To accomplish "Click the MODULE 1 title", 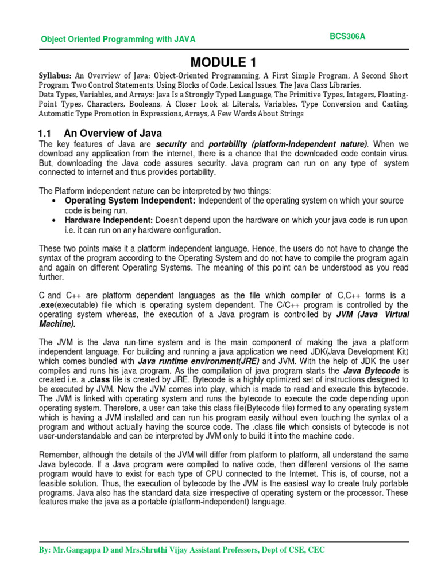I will pos(220,61).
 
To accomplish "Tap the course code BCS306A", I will pos(347,36).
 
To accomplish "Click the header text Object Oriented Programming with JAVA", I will pos(118,39).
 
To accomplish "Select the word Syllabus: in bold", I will pos(55,76).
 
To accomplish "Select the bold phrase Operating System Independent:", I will pos(130,201).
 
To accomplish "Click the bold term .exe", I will pos(47,305).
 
